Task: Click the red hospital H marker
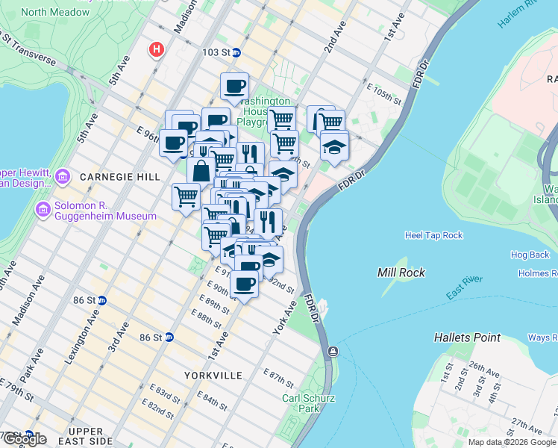[157, 50]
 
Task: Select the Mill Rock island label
[401, 273]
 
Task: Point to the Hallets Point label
[468, 337]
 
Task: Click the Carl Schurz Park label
[301, 403]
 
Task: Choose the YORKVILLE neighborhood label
[213, 375]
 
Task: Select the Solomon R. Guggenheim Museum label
[104, 211]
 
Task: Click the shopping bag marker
[201, 170]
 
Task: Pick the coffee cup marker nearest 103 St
[234, 86]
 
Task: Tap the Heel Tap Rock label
[433, 235]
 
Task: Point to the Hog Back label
[530, 255]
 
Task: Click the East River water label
[464, 287]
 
